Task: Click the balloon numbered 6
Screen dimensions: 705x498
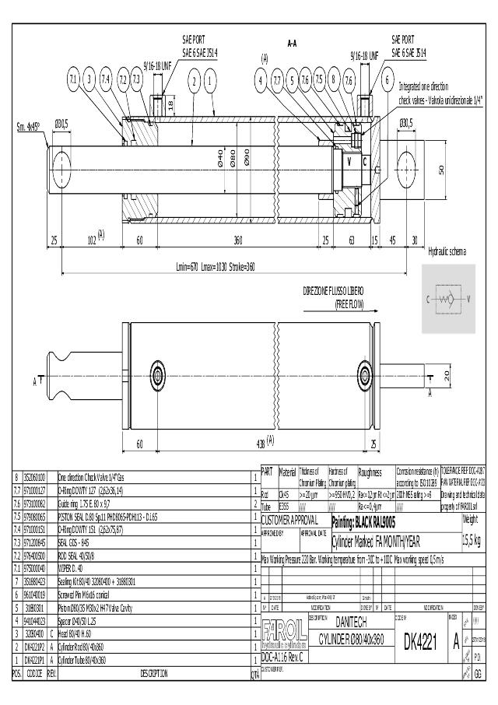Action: tap(387, 79)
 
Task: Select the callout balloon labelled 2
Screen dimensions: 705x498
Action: tap(193, 79)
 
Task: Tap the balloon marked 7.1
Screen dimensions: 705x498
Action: tap(73, 79)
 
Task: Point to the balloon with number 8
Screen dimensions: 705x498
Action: tap(333, 79)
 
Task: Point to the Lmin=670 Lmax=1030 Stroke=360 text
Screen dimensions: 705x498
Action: tap(216, 267)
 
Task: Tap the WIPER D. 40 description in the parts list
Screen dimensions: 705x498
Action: tap(77, 570)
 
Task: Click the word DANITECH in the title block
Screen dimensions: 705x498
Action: tap(350, 623)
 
